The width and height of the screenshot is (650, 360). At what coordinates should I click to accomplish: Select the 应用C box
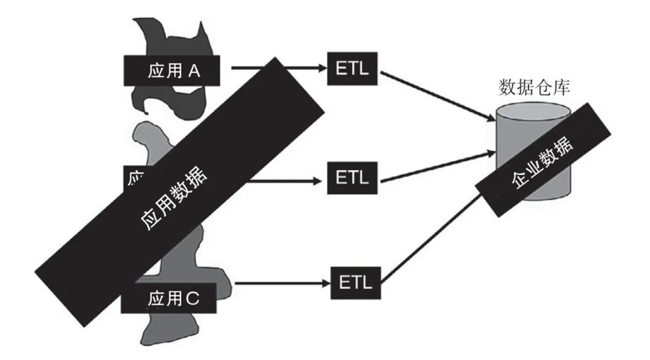pos(169,298)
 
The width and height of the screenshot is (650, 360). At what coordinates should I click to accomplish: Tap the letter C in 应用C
pos(191,298)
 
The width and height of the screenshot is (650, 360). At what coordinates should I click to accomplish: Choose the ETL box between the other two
pos(351,179)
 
